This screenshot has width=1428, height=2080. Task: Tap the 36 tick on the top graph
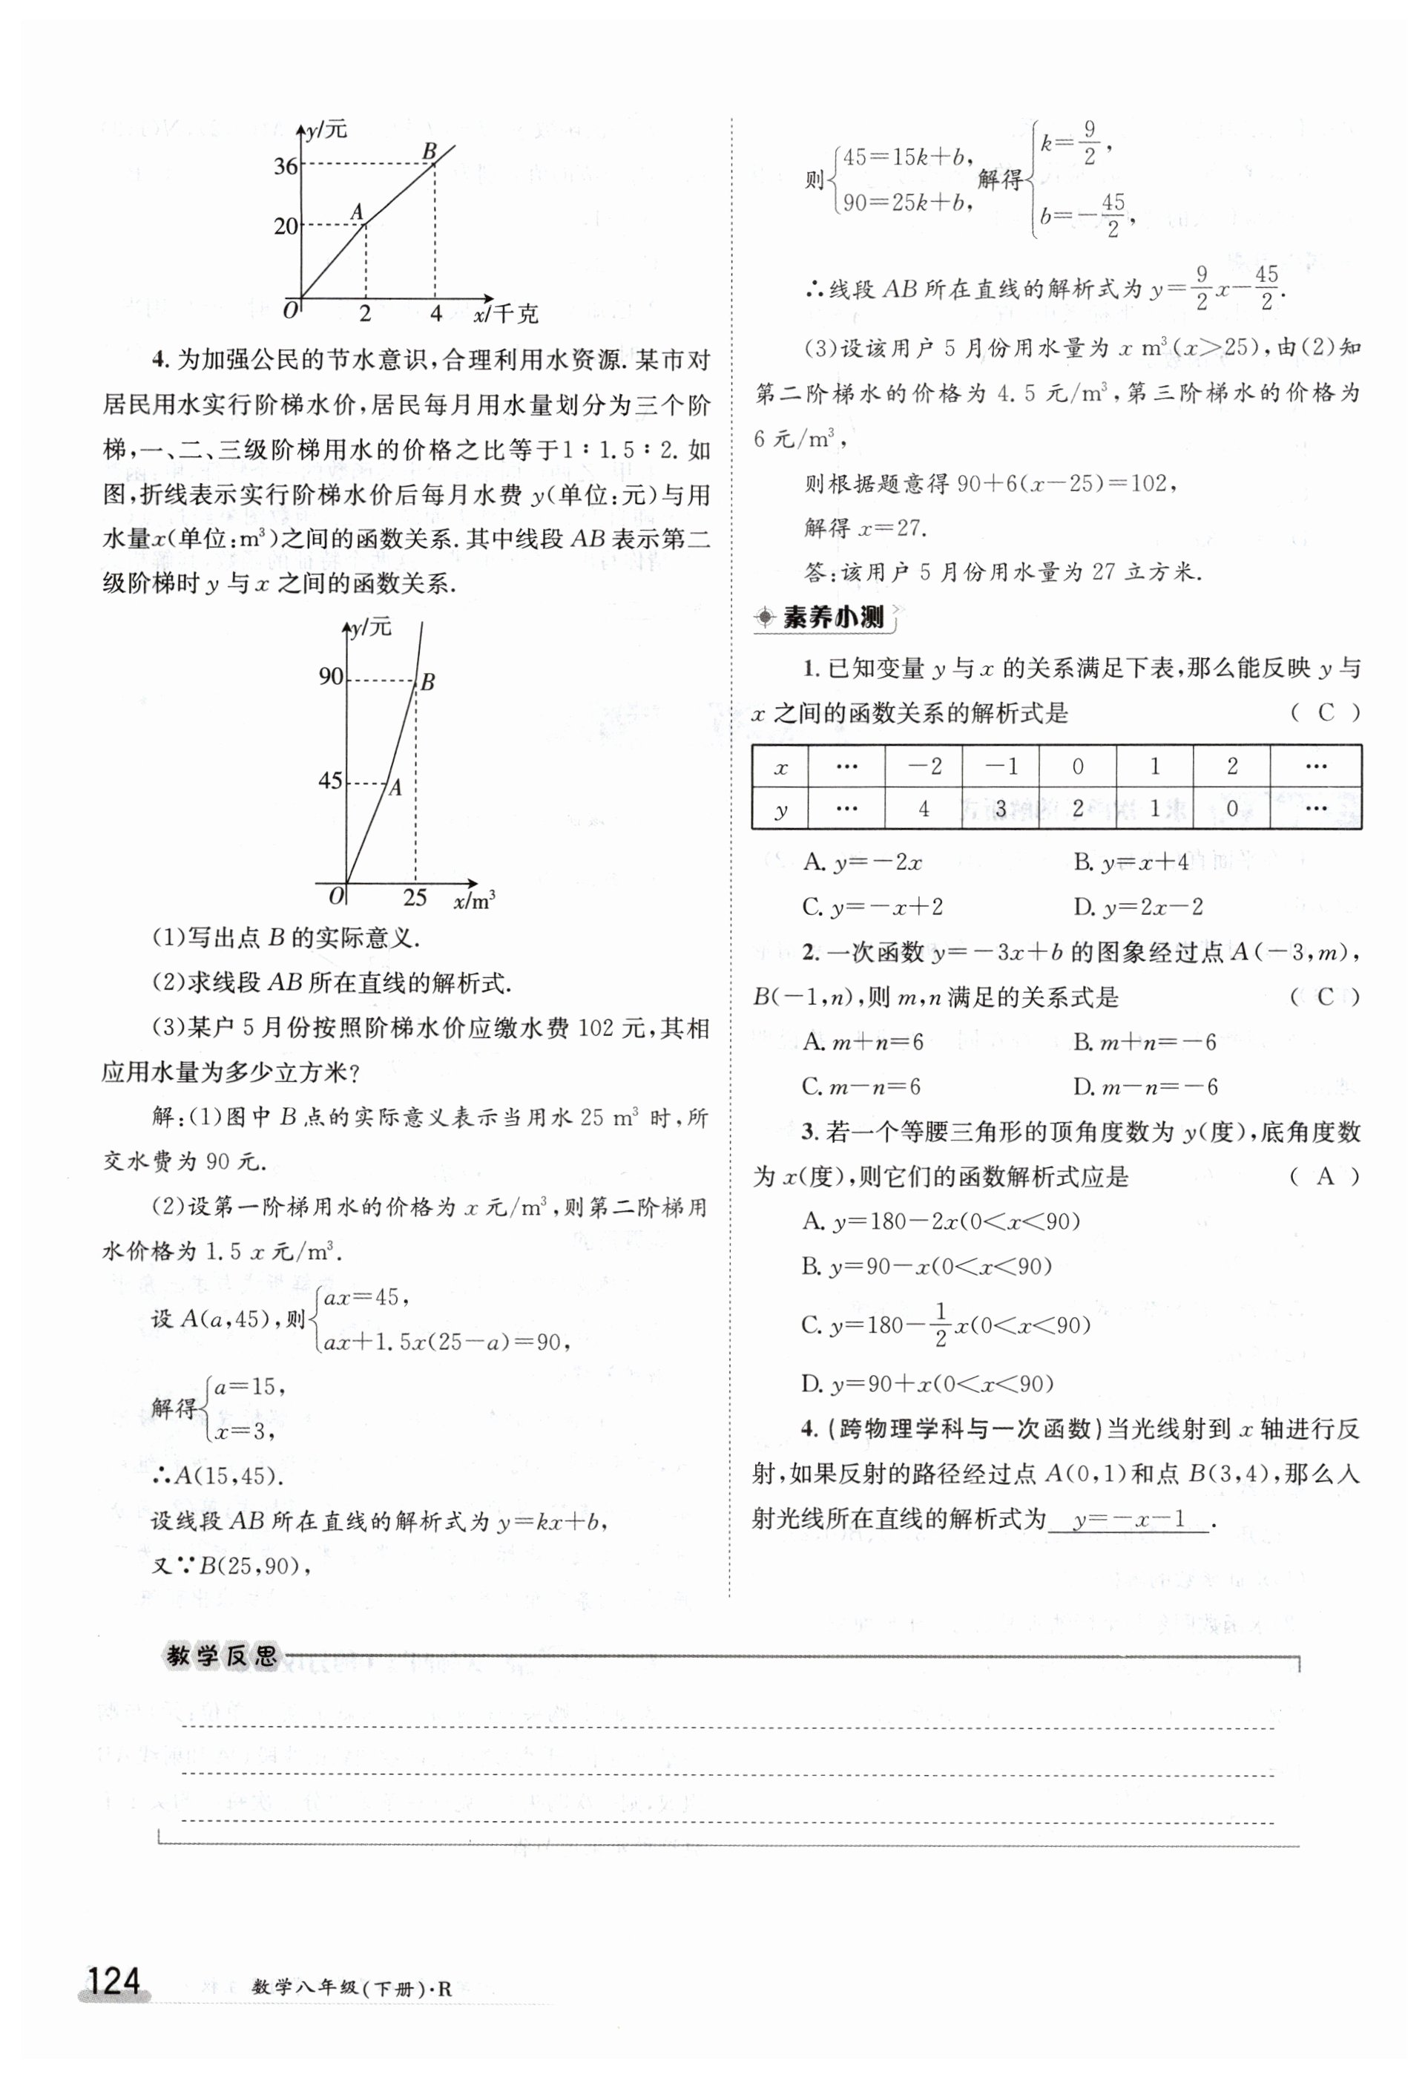click(286, 166)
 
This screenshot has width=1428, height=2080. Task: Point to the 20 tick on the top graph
click(286, 226)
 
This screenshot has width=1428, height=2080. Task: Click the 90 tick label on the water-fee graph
click(331, 677)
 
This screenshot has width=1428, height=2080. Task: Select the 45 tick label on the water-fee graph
click(331, 781)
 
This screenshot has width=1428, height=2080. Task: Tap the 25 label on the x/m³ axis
click(414, 897)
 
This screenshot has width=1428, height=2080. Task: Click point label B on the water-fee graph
click(428, 683)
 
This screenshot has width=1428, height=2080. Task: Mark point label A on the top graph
click(357, 212)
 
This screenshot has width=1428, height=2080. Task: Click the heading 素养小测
click(832, 617)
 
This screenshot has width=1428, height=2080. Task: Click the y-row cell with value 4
click(924, 809)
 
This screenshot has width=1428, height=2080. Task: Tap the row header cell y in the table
click(780, 809)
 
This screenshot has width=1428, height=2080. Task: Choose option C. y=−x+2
click(873, 908)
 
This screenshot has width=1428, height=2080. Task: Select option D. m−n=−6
click(1146, 1087)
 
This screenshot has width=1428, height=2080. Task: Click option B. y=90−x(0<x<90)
click(927, 1267)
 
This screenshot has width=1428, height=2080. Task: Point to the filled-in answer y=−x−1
click(1129, 1520)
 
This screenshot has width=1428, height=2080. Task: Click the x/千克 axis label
click(507, 314)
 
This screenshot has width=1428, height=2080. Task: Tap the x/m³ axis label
click(474, 900)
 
